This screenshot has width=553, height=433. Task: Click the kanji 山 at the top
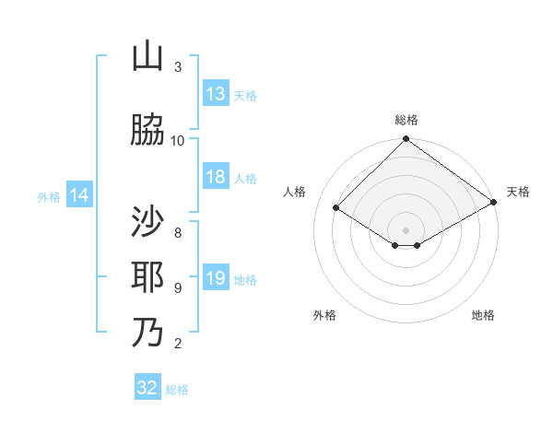pos(147,57)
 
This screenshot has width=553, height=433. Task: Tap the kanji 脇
pos(147,130)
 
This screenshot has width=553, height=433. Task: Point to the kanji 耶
pos(147,277)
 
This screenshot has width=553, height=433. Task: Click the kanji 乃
pos(147,333)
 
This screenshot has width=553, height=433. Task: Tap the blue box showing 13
pos(216,94)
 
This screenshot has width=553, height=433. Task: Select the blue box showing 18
pos(216,177)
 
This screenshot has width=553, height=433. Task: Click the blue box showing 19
pos(216,279)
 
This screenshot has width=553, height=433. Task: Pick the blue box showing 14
pos(79,195)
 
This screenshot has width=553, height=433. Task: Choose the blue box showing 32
pos(147,388)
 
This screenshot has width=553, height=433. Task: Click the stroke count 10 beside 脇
pos(178,140)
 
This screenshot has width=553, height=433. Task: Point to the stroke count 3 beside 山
pos(178,67)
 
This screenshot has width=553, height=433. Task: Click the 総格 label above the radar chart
pos(406,120)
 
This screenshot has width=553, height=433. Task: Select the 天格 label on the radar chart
pos(518,192)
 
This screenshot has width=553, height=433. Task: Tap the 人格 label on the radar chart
pos(295,192)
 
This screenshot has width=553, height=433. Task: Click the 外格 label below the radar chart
pos(324,315)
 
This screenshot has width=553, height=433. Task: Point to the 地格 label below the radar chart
pos(483,315)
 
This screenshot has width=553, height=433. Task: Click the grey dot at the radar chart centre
pos(406,228)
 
